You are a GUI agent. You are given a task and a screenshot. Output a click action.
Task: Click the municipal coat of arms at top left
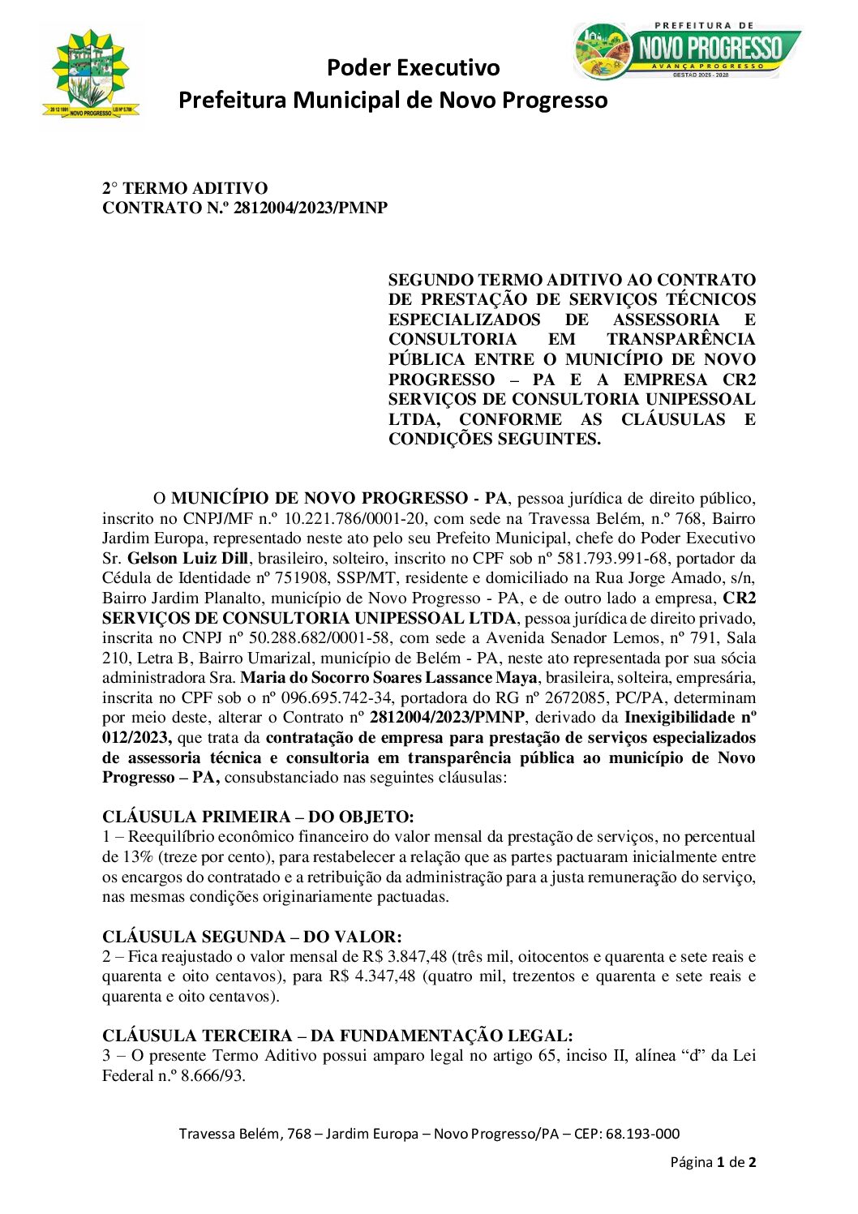coord(91,75)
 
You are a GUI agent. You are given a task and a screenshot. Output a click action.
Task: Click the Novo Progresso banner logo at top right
coord(686,50)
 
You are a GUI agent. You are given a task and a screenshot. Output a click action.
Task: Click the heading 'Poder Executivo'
coord(413,67)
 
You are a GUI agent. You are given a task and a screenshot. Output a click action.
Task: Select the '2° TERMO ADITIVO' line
coord(184,188)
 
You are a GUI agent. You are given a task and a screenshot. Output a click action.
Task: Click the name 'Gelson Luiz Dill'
coord(188,558)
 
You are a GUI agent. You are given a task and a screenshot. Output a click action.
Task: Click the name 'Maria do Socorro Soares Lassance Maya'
coord(388,678)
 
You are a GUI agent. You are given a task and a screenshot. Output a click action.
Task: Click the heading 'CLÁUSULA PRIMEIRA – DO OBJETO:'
coord(258,817)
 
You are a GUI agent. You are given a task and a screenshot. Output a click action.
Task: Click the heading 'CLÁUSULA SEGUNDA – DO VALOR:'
coord(251,937)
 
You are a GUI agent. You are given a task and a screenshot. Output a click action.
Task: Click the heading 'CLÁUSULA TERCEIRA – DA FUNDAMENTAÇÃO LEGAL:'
coord(337,1036)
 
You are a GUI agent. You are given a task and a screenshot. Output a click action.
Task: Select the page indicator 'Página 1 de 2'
coord(713,1162)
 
